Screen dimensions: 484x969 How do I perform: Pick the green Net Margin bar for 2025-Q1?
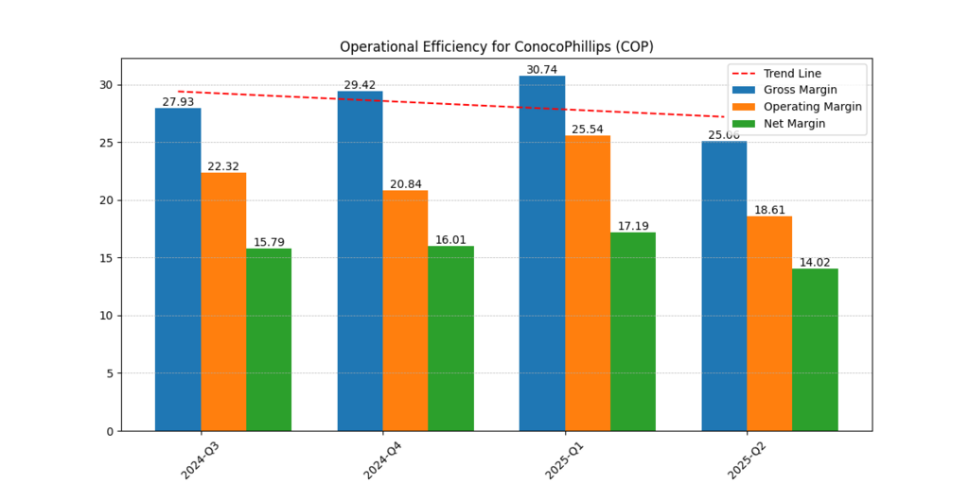coord(632,331)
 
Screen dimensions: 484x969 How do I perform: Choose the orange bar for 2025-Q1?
coord(588,283)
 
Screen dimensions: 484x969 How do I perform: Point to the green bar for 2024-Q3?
coord(269,339)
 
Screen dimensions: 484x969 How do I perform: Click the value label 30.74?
coord(542,70)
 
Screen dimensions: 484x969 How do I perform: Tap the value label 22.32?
coord(223,166)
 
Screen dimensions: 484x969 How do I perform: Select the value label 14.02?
coord(815,263)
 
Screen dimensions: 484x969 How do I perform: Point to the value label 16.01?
coord(450,240)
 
